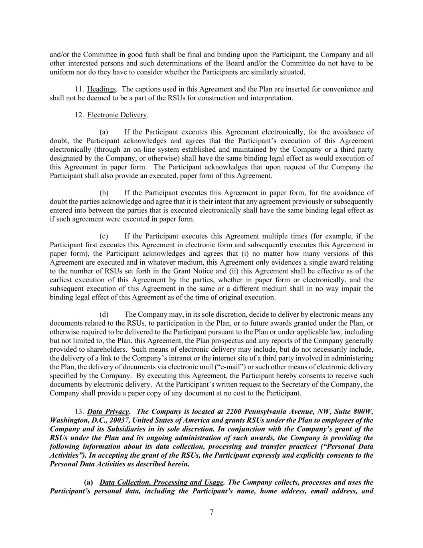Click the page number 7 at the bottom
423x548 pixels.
[211, 512]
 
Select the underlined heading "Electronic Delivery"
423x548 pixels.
[117, 115]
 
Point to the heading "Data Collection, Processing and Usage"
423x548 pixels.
[161, 482]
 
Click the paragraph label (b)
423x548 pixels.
[104, 193]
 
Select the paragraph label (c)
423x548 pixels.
[104, 236]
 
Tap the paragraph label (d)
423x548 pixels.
[104, 314]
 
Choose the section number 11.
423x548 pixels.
[79, 89]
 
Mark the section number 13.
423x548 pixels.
[79, 412]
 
